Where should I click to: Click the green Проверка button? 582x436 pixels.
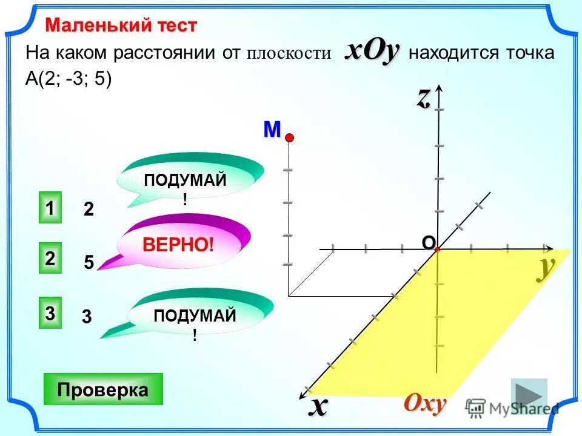click(x=103, y=389)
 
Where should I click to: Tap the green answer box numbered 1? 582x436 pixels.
click(x=50, y=208)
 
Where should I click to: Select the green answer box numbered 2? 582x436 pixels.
click(x=50, y=258)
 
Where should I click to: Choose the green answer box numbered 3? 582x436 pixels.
click(x=50, y=313)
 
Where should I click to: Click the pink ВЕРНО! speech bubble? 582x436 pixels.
click(x=179, y=245)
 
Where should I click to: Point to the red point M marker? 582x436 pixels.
click(x=289, y=138)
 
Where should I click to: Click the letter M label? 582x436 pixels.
click(x=272, y=129)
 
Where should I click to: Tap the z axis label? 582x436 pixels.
click(x=423, y=97)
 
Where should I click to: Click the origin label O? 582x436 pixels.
click(x=427, y=242)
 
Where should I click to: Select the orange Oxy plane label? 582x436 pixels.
click(x=425, y=403)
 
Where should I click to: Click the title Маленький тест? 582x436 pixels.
click(x=121, y=25)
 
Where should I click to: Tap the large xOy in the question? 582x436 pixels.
click(x=372, y=51)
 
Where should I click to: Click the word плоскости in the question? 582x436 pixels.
click(x=289, y=54)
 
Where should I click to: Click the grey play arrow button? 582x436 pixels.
click(x=529, y=396)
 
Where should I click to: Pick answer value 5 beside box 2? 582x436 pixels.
click(x=89, y=263)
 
